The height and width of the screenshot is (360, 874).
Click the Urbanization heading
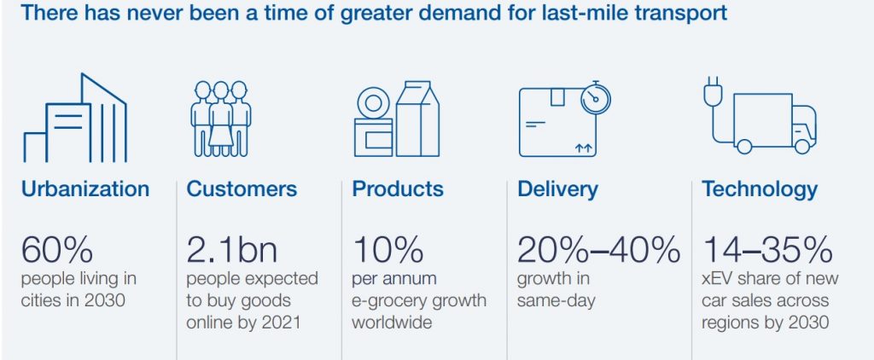(85, 189)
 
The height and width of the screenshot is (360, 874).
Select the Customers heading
(242, 189)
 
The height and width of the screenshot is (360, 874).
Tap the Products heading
(398, 189)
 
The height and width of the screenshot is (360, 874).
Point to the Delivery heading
(557, 189)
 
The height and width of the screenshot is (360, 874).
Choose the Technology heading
(760, 189)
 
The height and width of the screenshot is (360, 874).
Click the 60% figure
(57, 249)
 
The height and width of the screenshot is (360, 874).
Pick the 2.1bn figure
(232, 249)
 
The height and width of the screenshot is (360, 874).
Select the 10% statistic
(387, 249)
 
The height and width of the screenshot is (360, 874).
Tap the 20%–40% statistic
(598, 249)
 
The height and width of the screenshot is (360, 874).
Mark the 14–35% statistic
(767, 249)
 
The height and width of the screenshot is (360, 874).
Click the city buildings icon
(75, 118)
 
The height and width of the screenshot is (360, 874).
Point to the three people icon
(221, 119)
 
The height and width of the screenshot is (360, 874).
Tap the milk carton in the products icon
(417, 119)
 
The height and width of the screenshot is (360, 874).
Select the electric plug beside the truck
(713, 92)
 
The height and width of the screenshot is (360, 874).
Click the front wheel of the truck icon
(801, 147)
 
